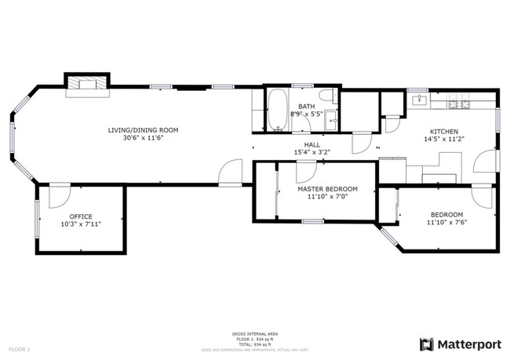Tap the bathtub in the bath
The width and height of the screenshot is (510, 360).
[x=278, y=111]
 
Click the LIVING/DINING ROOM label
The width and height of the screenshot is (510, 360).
[x=144, y=129]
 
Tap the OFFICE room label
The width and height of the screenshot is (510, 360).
[x=81, y=216]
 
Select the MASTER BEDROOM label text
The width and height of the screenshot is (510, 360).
[x=327, y=189]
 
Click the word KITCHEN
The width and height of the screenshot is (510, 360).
[x=443, y=131]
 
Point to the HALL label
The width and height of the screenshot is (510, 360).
[x=311, y=144]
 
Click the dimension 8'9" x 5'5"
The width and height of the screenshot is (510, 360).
[x=306, y=115]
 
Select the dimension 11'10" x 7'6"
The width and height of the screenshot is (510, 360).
[x=446, y=223]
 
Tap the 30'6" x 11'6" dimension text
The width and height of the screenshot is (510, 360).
[x=144, y=138]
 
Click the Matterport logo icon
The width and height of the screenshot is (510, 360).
[x=426, y=344]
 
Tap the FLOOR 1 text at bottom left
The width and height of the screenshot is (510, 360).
[x=20, y=348]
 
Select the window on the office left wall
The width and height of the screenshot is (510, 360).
[x=36, y=217]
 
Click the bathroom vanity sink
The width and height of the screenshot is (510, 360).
[x=332, y=120]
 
